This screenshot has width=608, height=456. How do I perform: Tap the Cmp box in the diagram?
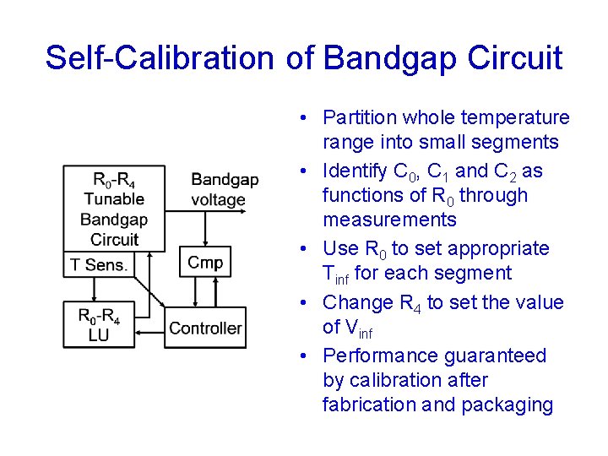point(205,263)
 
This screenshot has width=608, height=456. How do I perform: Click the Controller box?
point(205,328)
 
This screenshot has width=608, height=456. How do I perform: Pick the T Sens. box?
point(99,264)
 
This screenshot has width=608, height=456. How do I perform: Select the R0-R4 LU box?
point(99,325)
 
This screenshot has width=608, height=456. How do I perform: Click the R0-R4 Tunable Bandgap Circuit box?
point(114,209)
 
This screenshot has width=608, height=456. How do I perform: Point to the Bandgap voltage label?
point(224,189)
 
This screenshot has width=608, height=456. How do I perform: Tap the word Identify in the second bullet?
point(356,171)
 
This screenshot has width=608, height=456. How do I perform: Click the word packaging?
point(506,404)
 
